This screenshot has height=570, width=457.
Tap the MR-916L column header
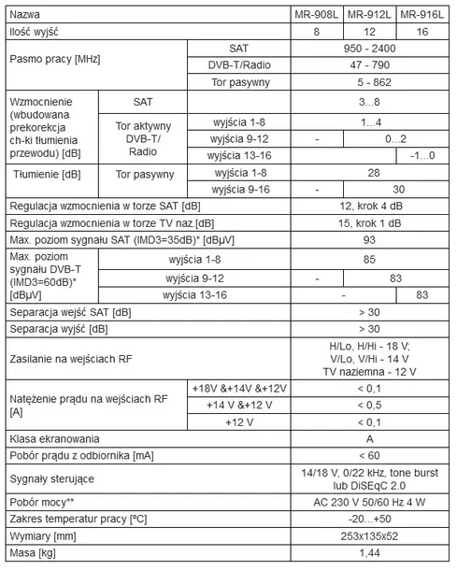coord(421,15)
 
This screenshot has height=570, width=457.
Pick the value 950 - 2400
coord(371,48)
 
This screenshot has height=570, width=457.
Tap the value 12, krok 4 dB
coord(371,206)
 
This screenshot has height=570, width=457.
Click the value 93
coord(371,239)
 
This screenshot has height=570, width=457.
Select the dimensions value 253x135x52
coord(371,536)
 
